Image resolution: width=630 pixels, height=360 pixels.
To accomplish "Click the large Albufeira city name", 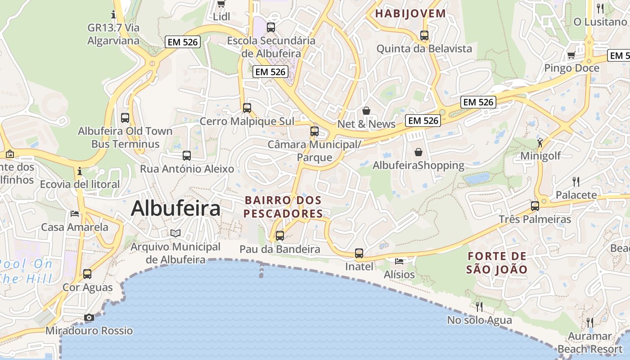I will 175,209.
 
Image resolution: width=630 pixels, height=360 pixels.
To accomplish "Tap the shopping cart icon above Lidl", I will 221,4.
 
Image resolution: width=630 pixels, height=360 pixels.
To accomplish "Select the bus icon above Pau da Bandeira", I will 280,235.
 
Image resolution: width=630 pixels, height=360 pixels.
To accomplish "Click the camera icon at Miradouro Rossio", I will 89,318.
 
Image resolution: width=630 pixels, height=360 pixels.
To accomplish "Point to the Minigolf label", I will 540,156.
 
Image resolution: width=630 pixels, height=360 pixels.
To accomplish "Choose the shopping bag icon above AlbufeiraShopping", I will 418,152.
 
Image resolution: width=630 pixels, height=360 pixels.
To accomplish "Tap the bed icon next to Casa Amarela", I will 75,213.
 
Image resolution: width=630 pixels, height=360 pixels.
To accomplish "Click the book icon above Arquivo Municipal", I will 175,233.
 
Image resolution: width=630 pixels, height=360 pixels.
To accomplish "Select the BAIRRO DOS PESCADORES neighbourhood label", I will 283,207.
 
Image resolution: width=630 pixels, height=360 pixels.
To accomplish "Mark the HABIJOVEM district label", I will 410,13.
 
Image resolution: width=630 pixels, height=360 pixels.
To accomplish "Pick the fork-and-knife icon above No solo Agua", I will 479,306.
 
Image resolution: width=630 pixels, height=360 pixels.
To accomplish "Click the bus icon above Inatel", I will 359,253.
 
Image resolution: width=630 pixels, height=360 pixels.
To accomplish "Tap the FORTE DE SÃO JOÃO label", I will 497,263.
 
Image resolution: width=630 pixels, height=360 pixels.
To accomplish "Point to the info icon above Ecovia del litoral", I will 80,171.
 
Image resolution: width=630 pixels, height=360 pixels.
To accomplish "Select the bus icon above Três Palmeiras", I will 535,206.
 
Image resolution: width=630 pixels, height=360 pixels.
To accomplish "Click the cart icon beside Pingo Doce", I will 571,55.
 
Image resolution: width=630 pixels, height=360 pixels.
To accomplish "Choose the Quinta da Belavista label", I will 424,49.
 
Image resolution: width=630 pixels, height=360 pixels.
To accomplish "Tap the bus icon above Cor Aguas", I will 87,274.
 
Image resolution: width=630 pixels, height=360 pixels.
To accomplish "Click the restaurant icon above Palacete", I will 576,181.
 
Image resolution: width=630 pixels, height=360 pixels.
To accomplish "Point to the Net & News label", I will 366,124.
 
